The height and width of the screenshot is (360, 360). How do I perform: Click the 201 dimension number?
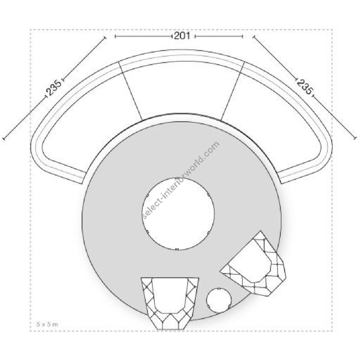coord(182,36)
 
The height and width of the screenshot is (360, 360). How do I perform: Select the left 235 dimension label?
coord(54,87)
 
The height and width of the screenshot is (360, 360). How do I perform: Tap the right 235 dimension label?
coord(304,86)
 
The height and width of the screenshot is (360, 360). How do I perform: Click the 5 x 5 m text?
coord(47,324)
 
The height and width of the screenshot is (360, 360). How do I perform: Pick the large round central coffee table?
coord(178,214)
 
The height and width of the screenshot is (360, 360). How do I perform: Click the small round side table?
coord(219,300)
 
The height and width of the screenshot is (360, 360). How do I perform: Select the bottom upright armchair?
coord(170,304)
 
